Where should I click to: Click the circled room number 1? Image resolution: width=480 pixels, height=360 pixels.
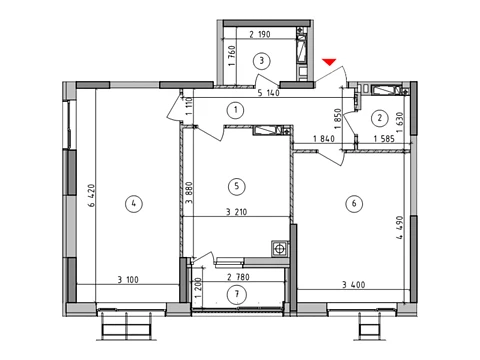(x=236, y=110)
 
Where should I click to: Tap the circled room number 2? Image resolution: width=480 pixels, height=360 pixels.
(x=380, y=118)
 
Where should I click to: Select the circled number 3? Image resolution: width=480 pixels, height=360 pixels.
(x=262, y=61)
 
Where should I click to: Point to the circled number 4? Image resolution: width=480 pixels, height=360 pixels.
(x=134, y=203)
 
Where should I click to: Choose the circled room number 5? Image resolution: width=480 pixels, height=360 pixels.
(x=237, y=186)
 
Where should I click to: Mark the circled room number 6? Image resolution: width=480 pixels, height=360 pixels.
(x=354, y=203)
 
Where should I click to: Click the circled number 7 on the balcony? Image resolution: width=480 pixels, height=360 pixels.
(x=237, y=294)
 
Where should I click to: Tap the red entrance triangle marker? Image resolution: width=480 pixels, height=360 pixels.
(x=329, y=62)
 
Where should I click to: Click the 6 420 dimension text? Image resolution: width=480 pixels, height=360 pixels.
(x=92, y=195)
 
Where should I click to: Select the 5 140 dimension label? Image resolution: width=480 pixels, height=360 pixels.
(x=269, y=93)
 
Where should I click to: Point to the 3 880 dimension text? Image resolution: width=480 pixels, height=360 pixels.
(x=189, y=193)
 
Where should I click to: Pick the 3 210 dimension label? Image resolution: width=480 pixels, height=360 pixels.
(x=237, y=212)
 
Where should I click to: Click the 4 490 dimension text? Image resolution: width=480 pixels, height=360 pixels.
(x=400, y=228)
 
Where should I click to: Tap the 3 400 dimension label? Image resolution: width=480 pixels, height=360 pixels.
(x=354, y=285)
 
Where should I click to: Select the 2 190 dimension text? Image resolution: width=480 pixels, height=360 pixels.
(x=260, y=34)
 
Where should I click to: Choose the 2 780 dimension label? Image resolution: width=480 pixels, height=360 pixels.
(x=238, y=277)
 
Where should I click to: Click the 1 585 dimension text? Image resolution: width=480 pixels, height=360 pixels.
(x=384, y=138)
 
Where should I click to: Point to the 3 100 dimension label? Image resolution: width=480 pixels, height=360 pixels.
(x=128, y=280)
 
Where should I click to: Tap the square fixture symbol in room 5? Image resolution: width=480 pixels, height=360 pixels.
(x=279, y=249)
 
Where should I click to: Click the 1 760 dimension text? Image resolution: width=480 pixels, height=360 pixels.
(x=233, y=56)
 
